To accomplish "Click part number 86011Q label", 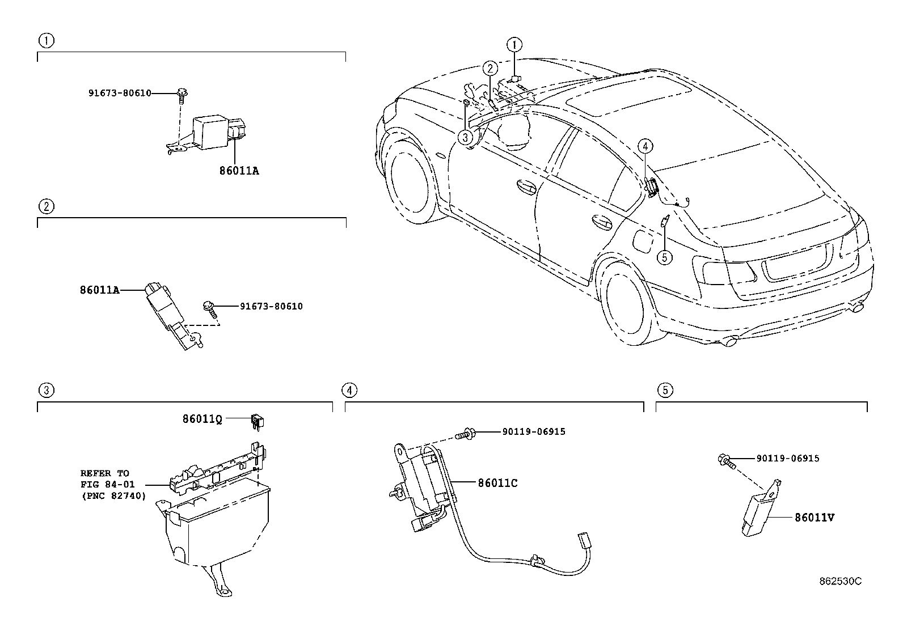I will (x=201, y=419).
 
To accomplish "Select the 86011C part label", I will (x=497, y=483).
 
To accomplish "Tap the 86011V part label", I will (x=815, y=517).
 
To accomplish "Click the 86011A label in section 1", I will (x=239, y=170).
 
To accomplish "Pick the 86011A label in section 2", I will (x=99, y=290).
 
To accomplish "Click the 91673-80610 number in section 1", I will (x=120, y=93).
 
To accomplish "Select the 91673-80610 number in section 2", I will (x=271, y=306).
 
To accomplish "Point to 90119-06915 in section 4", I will (x=533, y=431).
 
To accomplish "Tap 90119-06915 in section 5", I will (x=787, y=458).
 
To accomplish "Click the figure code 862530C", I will (x=839, y=581).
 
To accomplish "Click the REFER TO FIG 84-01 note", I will (x=113, y=484).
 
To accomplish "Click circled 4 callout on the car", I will (x=645, y=146).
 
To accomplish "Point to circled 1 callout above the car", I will (x=514, y=45).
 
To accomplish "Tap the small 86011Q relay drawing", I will (x=258, y=421).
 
